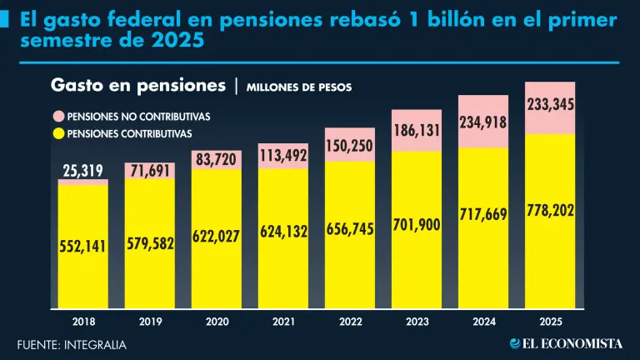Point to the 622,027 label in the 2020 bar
coord(217,237)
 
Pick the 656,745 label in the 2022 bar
coord(350,228)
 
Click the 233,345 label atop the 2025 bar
coord(550,105)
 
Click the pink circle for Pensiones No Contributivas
coord(58,117)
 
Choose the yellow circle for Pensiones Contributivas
coord(58,133)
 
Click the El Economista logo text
coord(566,343)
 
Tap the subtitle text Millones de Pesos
coord(299,87)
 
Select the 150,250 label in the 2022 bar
coord(350,145)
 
